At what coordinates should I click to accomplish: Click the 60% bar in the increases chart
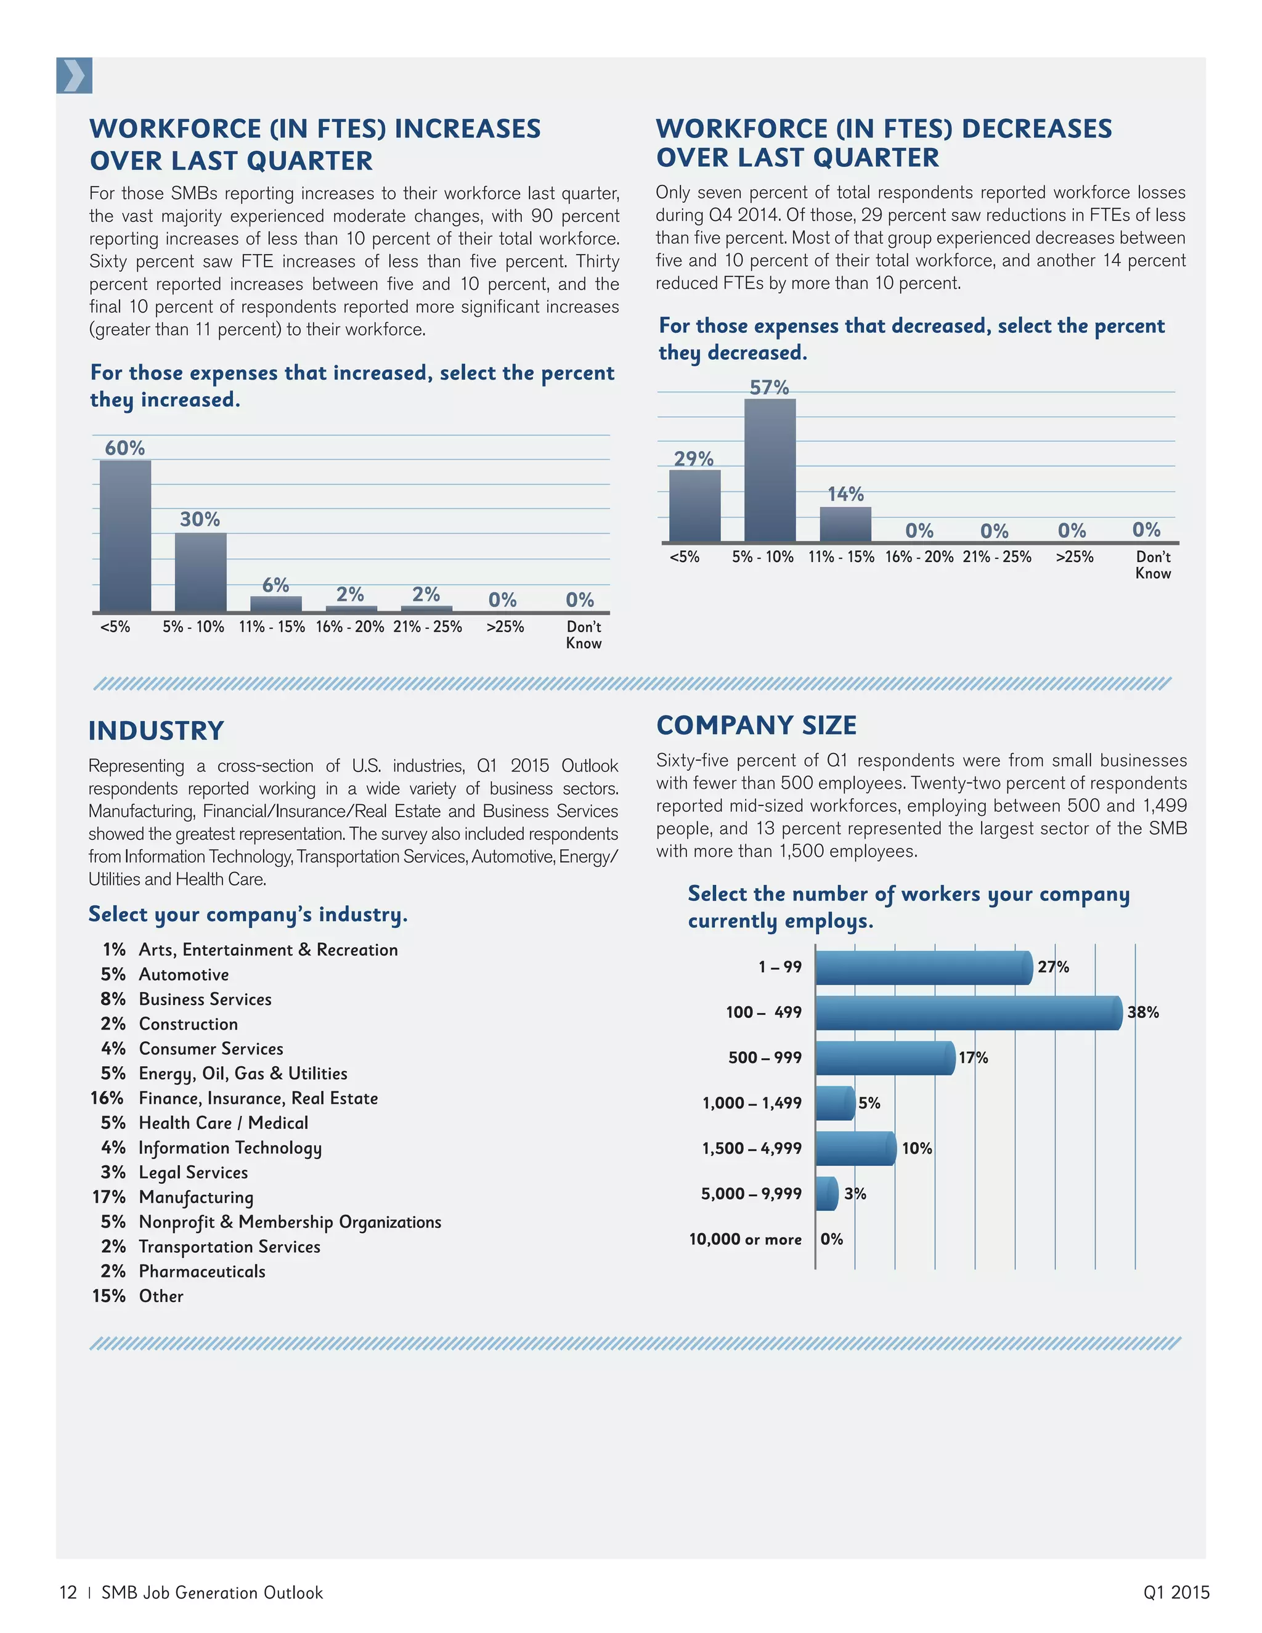click(x=126, y=536)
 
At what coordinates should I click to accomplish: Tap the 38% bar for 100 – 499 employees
click(x=968, y=1012)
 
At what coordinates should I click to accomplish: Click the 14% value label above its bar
click(x=845, y=494)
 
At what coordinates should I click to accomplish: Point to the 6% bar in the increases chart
click(x=276, y=604)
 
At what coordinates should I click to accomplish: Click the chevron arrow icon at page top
click(x=74, y=76)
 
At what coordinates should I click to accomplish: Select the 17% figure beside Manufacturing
click(x=109, y=1197)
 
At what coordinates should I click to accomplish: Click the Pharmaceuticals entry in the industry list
click(x=202, y=1271)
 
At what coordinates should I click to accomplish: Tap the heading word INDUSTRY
click(x=157, y=730)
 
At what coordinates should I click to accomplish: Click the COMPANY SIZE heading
click(x=756, y=725)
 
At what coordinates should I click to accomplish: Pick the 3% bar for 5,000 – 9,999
click(x=826, y=1194)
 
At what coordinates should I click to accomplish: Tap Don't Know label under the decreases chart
click(x=1152, y=565)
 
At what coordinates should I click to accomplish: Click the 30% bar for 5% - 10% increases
click(x=200, y=572)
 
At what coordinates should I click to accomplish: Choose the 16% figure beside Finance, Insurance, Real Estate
click(x=107, y=1097)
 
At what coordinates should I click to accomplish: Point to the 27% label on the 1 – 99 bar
click(x=1052, y=967)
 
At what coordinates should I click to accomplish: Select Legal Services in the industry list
click(x=193, y=1173)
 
